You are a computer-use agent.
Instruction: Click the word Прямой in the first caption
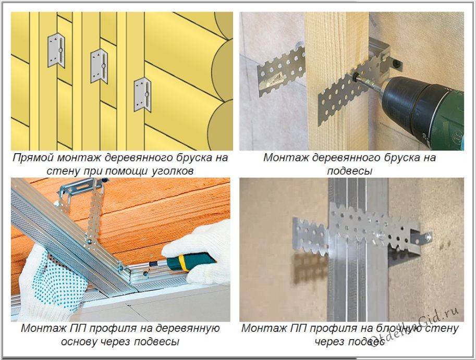pyautogui.click(x=33, y=158)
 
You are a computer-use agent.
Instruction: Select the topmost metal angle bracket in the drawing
pyautogui.click(x=56, y=51)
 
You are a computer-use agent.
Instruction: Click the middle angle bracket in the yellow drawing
pyautogui.click(x=99, y=66)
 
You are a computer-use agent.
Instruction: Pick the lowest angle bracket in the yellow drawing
pyautogui.click(x=143, y=95)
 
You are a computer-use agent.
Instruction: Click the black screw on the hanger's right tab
pyautogui.click(x=396, y=64)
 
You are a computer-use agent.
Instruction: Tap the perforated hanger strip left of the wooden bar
pyautogui.click(x=281, y=72)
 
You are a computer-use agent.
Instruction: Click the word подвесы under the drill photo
pyautogui.click(x=349, y=171)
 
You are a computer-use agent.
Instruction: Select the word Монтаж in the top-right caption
pyautogui.click(x=285, y=158)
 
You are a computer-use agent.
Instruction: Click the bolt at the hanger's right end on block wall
pyautogui.click(x=428, y=237)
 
